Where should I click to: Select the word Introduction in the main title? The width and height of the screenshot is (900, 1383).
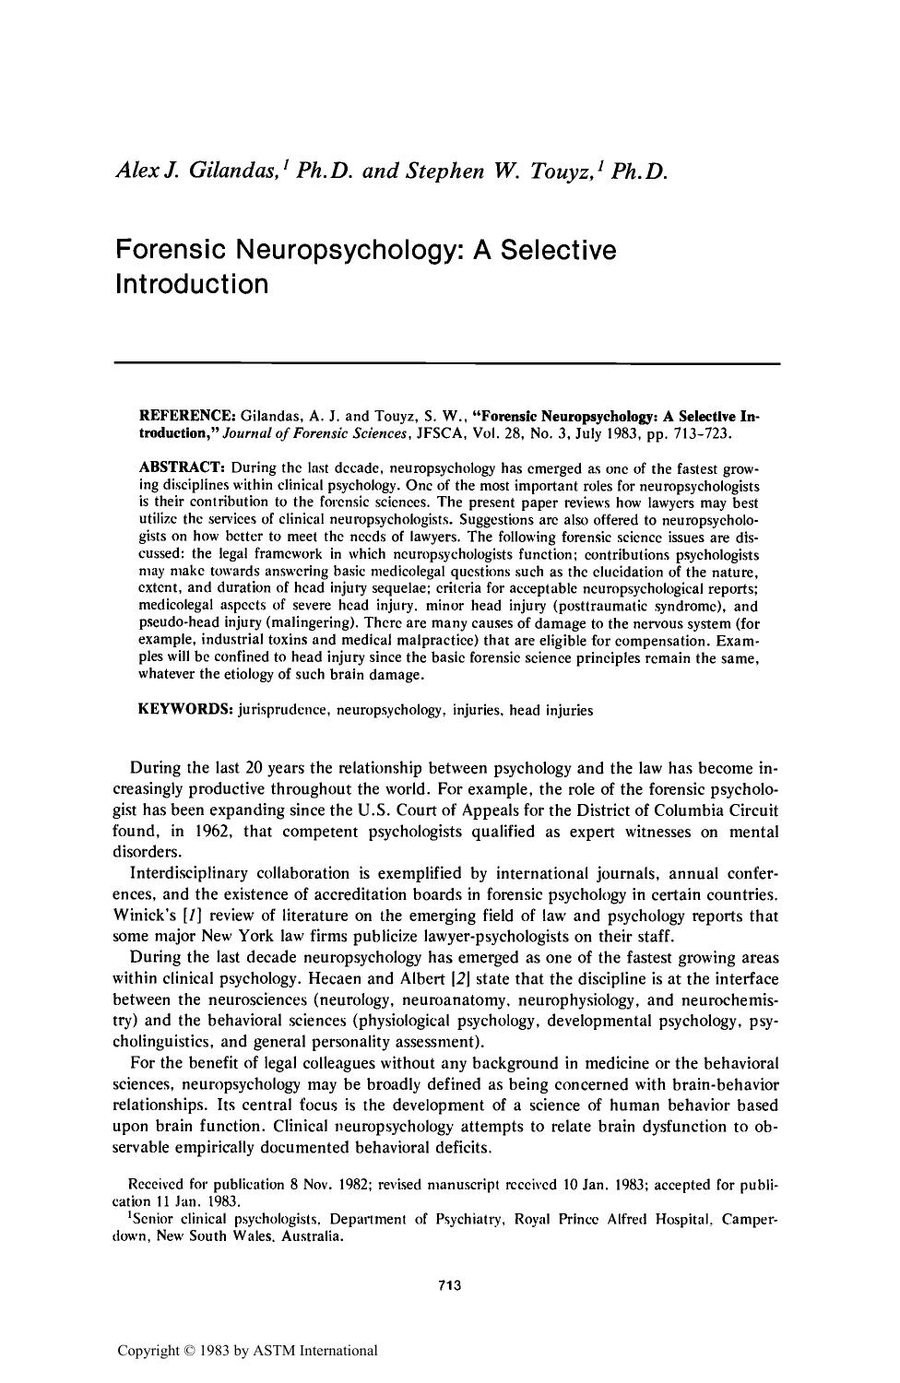point(192,283)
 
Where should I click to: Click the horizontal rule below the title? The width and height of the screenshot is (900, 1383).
point(446,364)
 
